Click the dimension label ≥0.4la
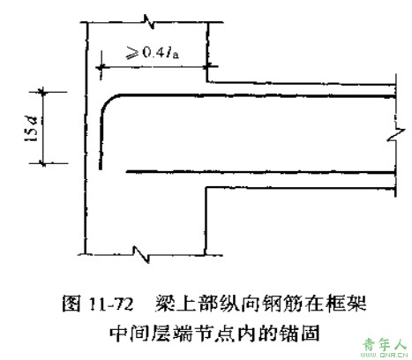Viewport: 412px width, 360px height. pos(153,52)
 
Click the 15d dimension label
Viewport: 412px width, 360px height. pos(32,129)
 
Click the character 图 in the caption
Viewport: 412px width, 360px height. pos(71,304)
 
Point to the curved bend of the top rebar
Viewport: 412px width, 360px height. pos(107,101)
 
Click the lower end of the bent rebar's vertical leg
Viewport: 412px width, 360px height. pos(101,169)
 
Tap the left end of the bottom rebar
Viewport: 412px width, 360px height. pos(127,171)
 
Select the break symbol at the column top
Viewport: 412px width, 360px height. pos(149,22)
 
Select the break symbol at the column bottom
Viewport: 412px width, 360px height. pos(141,254)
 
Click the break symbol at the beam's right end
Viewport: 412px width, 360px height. pos(397,135)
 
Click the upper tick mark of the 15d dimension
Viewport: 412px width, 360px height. pos(43,92)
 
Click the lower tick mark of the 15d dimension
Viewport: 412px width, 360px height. pos(43,162)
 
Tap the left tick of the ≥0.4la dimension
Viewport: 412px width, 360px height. pos(101,67)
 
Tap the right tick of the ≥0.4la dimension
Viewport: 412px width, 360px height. pos(207,67)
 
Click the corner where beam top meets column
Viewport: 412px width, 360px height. pos(207,81)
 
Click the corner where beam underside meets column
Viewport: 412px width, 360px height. pos(206,187)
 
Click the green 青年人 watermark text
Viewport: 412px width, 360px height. pos(385,344)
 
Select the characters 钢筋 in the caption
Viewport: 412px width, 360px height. pos(280,304)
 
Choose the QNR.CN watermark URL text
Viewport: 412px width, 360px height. pos(393,355)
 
